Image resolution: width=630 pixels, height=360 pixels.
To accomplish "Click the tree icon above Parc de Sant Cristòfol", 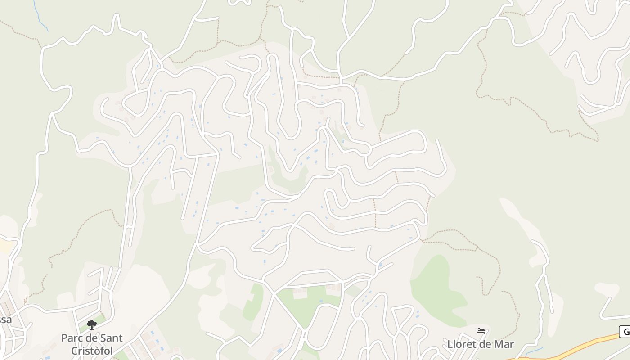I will tap(92, 324).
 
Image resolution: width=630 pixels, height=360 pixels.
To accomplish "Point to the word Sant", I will tap(111, 337).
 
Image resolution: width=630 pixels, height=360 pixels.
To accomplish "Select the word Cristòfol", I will tap(92, 351).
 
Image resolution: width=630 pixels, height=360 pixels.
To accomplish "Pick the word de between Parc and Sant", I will tap(92, 337).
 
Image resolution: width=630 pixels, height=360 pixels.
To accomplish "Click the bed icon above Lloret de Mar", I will tap(481, 331).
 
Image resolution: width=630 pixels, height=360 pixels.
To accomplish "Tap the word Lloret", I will tap(461, 344).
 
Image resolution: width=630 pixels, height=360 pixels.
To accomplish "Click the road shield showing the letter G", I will tap(625, 332).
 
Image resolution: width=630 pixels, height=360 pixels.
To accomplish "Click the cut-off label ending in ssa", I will tap(5, 320).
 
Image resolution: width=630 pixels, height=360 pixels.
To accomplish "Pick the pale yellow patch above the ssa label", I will tap(5, 246).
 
